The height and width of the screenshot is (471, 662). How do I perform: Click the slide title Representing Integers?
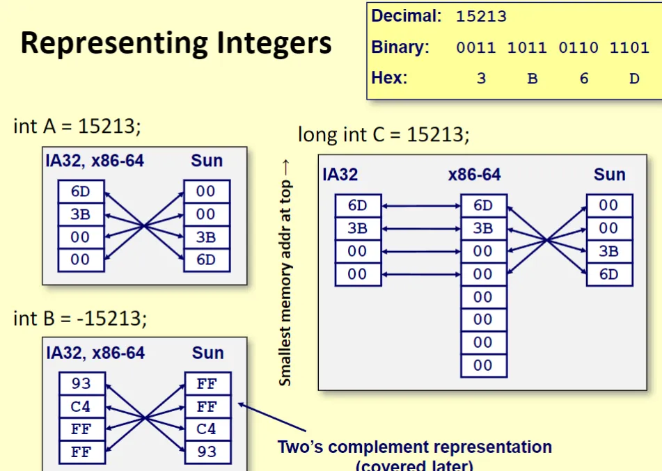click(x=176, y=43)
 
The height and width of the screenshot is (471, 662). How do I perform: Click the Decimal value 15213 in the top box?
click(x=481, y=16)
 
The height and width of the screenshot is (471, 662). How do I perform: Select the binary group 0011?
click(x=476, y=48)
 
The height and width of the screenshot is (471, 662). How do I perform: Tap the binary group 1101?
click(x=629, y=48)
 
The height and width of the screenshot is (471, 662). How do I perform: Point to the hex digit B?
click(x=533, y=79)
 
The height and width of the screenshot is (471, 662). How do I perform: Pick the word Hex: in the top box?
click(x=389, y=77)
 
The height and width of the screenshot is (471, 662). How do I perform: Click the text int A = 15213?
click(x=77, y=126)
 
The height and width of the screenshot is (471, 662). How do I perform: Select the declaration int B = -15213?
click(x=80, y=319)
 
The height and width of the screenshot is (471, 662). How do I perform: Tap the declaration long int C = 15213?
click(x=384, y=134)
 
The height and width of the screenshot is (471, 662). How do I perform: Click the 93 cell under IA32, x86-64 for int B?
click(x=81, y=384)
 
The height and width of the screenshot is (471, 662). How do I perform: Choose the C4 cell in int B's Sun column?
click(x=207, y=429)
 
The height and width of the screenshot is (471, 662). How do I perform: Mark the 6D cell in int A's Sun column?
click(x=206, y=260)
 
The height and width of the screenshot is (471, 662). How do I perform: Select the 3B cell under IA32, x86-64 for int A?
click(x=81, y=214)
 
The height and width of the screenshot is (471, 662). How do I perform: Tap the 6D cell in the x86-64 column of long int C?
click(x=483, y=205)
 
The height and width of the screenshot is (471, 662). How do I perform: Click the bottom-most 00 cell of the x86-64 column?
click(x=483, y=365)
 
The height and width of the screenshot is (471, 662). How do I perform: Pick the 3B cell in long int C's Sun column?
click(x=609, y=251)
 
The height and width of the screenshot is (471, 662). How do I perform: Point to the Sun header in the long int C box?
click(x=609, y=174)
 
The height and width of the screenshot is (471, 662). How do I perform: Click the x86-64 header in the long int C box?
click(x=474, y=174)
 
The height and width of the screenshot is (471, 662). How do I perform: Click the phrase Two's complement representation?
click(x=415, y=447)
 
